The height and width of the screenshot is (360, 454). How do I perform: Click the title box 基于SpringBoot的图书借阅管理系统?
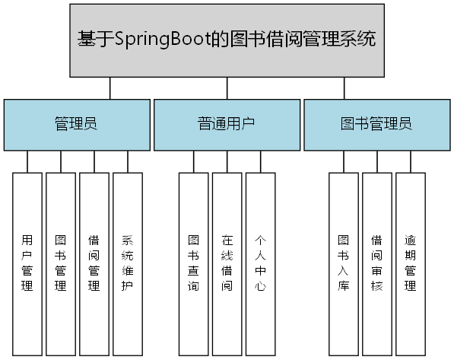click(227, 40)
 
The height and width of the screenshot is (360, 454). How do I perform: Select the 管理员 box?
click(76, 124)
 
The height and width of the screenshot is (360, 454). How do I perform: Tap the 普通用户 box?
click(226, 124)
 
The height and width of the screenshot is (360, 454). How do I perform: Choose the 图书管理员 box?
click(376, 124)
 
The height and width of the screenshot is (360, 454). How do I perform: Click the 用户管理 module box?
click(27, 264)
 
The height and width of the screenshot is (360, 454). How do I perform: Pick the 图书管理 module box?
click(61, 264)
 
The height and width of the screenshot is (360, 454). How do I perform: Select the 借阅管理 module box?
click(94, 264)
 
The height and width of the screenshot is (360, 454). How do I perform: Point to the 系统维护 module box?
click(128, 264)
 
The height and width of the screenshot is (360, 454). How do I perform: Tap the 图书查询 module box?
click(193, 264)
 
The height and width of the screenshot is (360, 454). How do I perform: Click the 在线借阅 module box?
click(227, 264)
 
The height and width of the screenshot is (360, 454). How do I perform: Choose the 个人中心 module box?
click(260, 264)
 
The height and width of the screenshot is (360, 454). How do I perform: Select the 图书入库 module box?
click(344, 264)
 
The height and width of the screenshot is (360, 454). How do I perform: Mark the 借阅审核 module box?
click(377, 264)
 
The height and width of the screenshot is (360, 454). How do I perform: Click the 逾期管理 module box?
click(411, 264)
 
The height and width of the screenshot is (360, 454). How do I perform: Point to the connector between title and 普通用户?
click(227, 88)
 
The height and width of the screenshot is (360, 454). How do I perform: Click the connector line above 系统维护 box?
click(128, 161)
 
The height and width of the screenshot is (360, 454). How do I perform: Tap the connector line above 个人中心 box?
click(260, 161)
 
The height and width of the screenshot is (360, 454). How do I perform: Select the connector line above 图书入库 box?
click(344, 161)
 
